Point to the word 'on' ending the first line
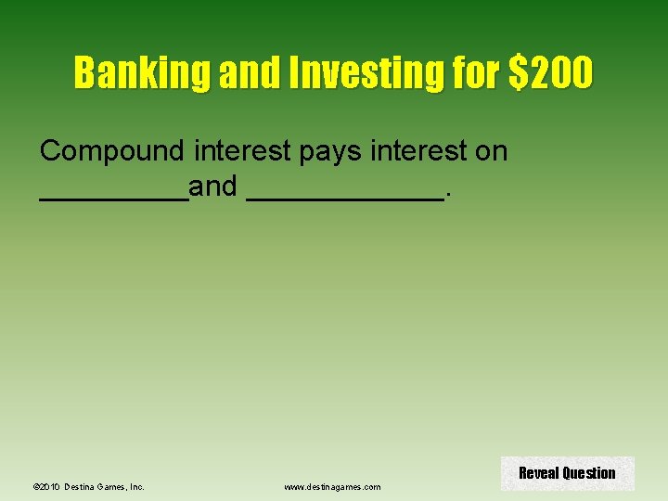[x=491, y=151]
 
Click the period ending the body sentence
[x=449, y=196]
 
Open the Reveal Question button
[x=567, y=473]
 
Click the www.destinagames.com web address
[x=332, y=487]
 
